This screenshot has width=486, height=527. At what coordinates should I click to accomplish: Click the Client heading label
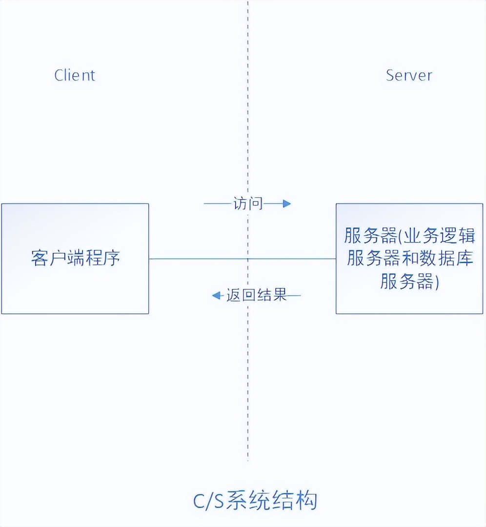75,75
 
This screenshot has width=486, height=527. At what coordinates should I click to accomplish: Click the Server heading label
409,75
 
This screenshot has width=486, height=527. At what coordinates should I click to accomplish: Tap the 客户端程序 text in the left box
75,258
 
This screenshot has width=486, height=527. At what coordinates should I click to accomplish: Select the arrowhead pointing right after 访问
287,203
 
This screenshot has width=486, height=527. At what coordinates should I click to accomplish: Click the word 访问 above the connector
248,203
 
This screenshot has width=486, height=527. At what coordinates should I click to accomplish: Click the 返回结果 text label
256,295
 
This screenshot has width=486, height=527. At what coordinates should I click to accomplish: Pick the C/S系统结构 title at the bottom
255,501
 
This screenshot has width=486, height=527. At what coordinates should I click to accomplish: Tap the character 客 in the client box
39,258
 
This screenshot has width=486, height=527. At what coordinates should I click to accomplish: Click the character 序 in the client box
111,258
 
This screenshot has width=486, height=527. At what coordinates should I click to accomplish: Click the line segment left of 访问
218,203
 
